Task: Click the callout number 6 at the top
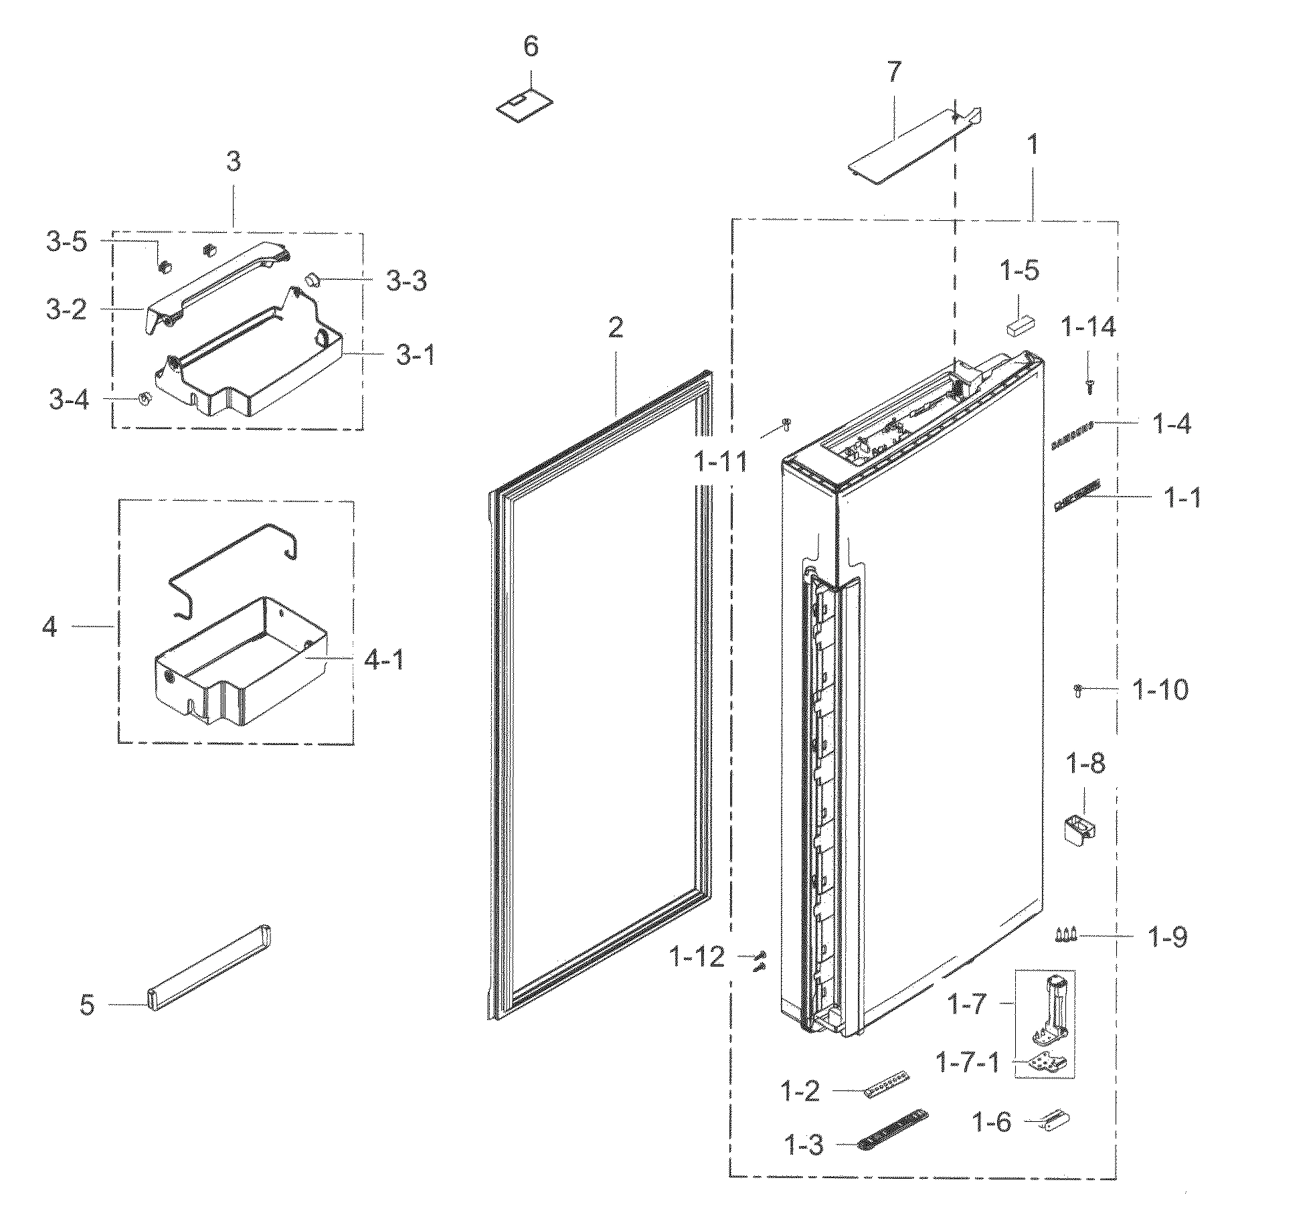point(531,48)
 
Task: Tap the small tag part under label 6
point(525,106)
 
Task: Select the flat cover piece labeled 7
point(903,147)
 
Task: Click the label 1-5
point(1019,272)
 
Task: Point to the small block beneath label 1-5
point(1021,326)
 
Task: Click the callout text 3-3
point(406,281)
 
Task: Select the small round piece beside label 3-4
point(144,398)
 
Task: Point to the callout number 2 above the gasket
point(615,327)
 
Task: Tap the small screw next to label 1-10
point(1078,690)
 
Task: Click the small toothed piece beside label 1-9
point(1065,934)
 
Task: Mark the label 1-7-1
point(968,1062)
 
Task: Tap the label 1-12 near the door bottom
point(697,957)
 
